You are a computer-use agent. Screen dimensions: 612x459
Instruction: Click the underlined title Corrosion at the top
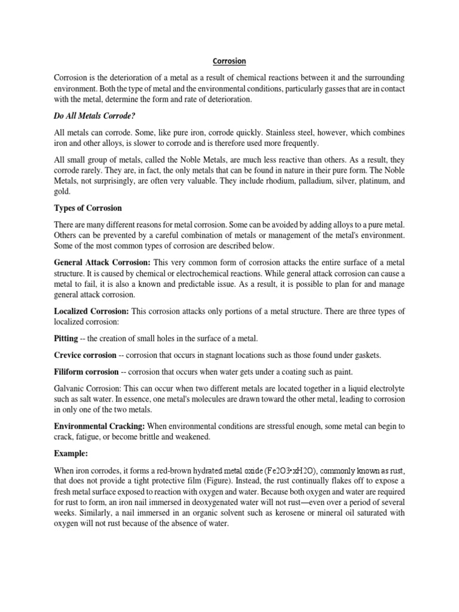(229, 61)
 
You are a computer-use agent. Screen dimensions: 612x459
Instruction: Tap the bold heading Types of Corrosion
(88, 208)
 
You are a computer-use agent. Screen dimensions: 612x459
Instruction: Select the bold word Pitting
(66, 338)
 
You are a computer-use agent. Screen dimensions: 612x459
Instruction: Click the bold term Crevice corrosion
(87, 355)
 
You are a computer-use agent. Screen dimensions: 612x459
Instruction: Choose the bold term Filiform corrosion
(87, 372)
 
